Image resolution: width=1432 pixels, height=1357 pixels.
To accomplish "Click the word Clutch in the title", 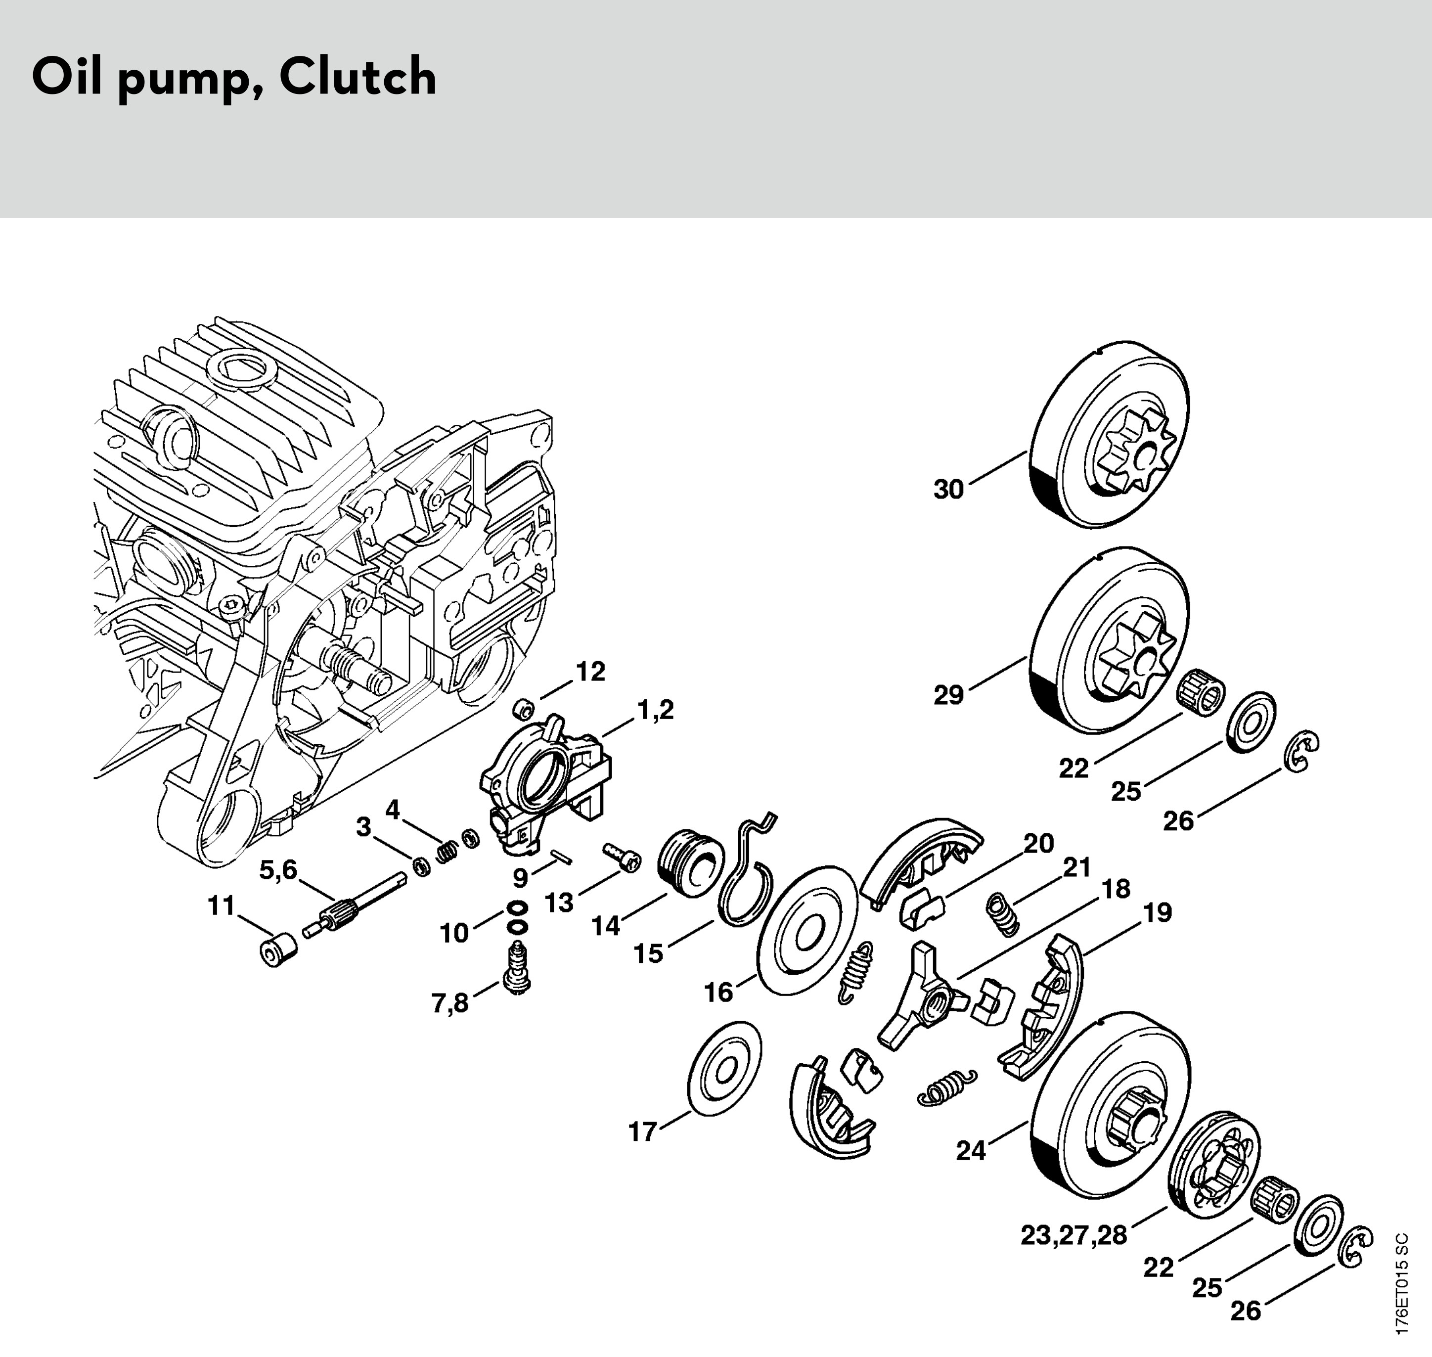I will (358, 77).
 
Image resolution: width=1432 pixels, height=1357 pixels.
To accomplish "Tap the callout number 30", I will (948, 490).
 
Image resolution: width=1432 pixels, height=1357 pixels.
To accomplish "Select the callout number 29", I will (948, 695).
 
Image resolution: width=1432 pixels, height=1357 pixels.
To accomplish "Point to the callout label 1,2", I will (655, 710).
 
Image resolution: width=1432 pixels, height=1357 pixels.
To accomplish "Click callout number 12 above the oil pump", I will (590, 672).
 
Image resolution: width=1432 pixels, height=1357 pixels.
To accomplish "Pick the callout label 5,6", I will (278, 870).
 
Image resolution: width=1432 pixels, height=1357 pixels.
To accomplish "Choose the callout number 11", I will (222, 905).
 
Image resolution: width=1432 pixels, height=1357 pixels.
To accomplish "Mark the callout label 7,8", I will (450, 1003).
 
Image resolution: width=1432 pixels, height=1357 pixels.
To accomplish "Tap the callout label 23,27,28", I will (1074, 1235).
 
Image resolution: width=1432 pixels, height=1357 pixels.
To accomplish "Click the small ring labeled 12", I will (522, 708).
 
